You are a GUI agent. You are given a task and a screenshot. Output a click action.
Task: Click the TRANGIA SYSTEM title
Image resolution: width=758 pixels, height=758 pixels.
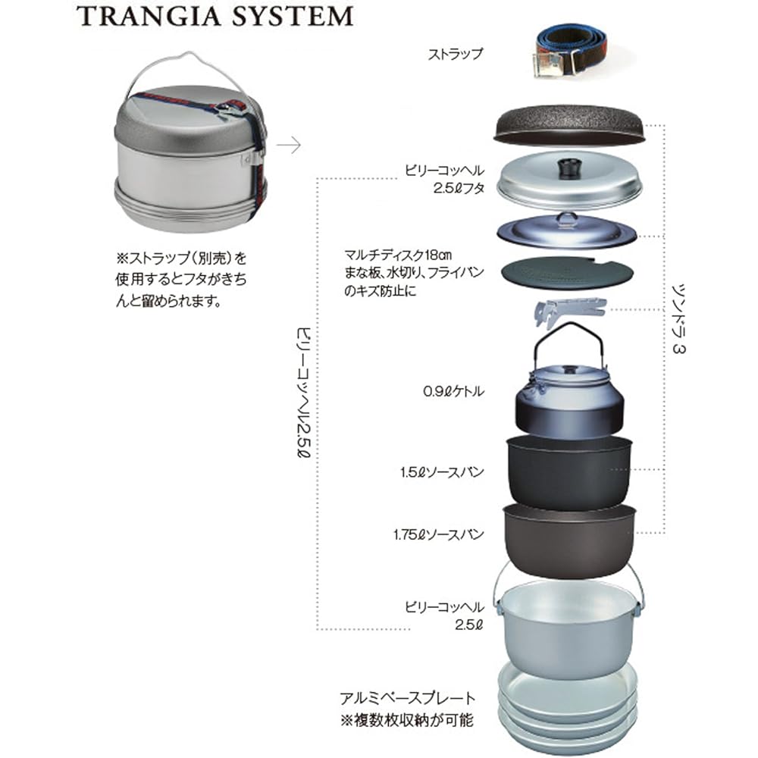(216, 16)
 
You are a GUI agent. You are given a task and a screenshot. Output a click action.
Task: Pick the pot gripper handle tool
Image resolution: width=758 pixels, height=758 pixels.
(568, 311)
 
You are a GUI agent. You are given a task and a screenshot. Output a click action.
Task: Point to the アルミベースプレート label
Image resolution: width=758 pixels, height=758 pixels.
(407, 698)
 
